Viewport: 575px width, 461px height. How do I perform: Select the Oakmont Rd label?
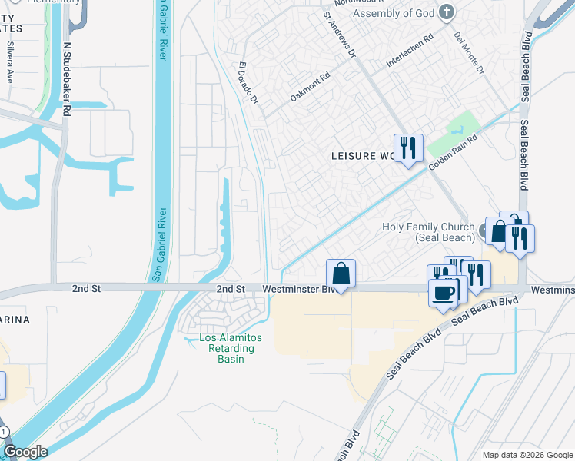click(x=310, y=87)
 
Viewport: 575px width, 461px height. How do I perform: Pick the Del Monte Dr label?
click(x=468, y=52)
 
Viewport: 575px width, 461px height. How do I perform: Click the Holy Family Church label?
click(x=428, y=232)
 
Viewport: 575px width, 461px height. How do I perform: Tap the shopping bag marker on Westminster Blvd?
click(x=341, y=274)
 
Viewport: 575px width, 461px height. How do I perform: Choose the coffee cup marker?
click(x=443, y=292)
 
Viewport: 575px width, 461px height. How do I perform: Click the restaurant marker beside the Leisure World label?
click(x=407, y=148)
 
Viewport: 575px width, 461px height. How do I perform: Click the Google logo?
click(x=25, y=452)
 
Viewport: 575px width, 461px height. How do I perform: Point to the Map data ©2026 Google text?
click(x=527, y=455)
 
